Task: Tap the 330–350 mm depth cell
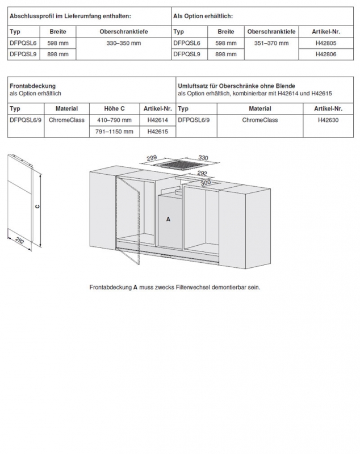point(123,43)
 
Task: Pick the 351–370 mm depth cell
point(272,43)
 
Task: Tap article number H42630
point(329,120)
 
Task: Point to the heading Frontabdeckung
point(33,86)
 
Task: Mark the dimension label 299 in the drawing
point(151,158)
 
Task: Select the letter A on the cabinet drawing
point(168,218)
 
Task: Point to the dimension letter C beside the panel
point(37,207)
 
